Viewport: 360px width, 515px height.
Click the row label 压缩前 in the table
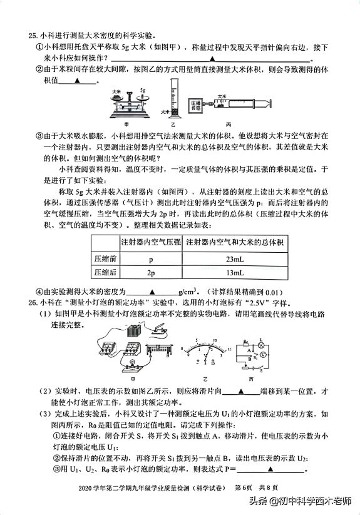point(105,258)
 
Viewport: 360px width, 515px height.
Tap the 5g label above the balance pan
point(142,91)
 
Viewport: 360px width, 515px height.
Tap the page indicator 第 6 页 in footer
point(244,487)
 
